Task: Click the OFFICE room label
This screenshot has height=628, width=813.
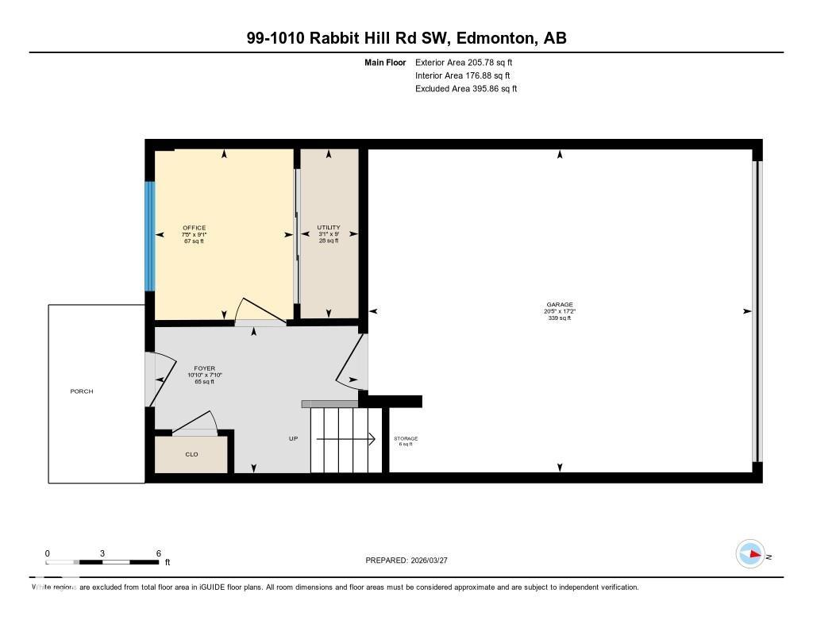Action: pyautogui.click(x=194, y=228)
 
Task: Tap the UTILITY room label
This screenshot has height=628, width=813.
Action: pyautogui.click(x=329, y=228)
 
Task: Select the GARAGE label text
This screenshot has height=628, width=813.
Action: pyautogui.click(x=559, y=304)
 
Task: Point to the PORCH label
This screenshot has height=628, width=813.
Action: pyautogui.click(x=82, y=391)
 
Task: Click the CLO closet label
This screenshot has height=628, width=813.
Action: pyautogui.click(x=191, y=455)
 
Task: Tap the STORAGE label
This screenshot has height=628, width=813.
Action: pyautogui.click(x=406, y=438)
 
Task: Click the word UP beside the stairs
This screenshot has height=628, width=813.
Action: pyautogui.click(x=293, y=439)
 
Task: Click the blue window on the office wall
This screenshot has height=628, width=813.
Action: pyautogui.click(x=148, y=236)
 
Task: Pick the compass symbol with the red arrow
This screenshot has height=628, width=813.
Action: pyautogui.click(x=750, y=554)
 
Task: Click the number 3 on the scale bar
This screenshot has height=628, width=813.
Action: pyautogui.click(x=102, y=553)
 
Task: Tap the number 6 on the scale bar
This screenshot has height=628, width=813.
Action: pyautogui.click(x=159, y=553)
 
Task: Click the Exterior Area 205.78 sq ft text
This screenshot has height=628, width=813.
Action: pyautogui.click(x=466, y=62)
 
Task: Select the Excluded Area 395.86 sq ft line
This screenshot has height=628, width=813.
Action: pyautogui.click(x=466, y=89)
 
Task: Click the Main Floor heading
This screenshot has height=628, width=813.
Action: pyautogui.click(x=385, y=62)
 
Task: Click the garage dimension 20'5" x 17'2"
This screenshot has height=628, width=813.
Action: pyautogui.click(x=559, y=311)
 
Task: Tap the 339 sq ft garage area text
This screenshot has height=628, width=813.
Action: pyautogui.click(x=559, y=318)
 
